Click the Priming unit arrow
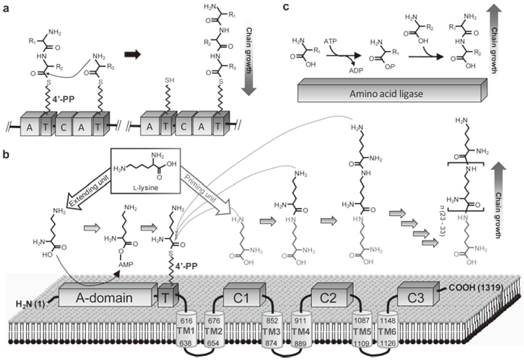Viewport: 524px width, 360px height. click(x=199, y=184)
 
